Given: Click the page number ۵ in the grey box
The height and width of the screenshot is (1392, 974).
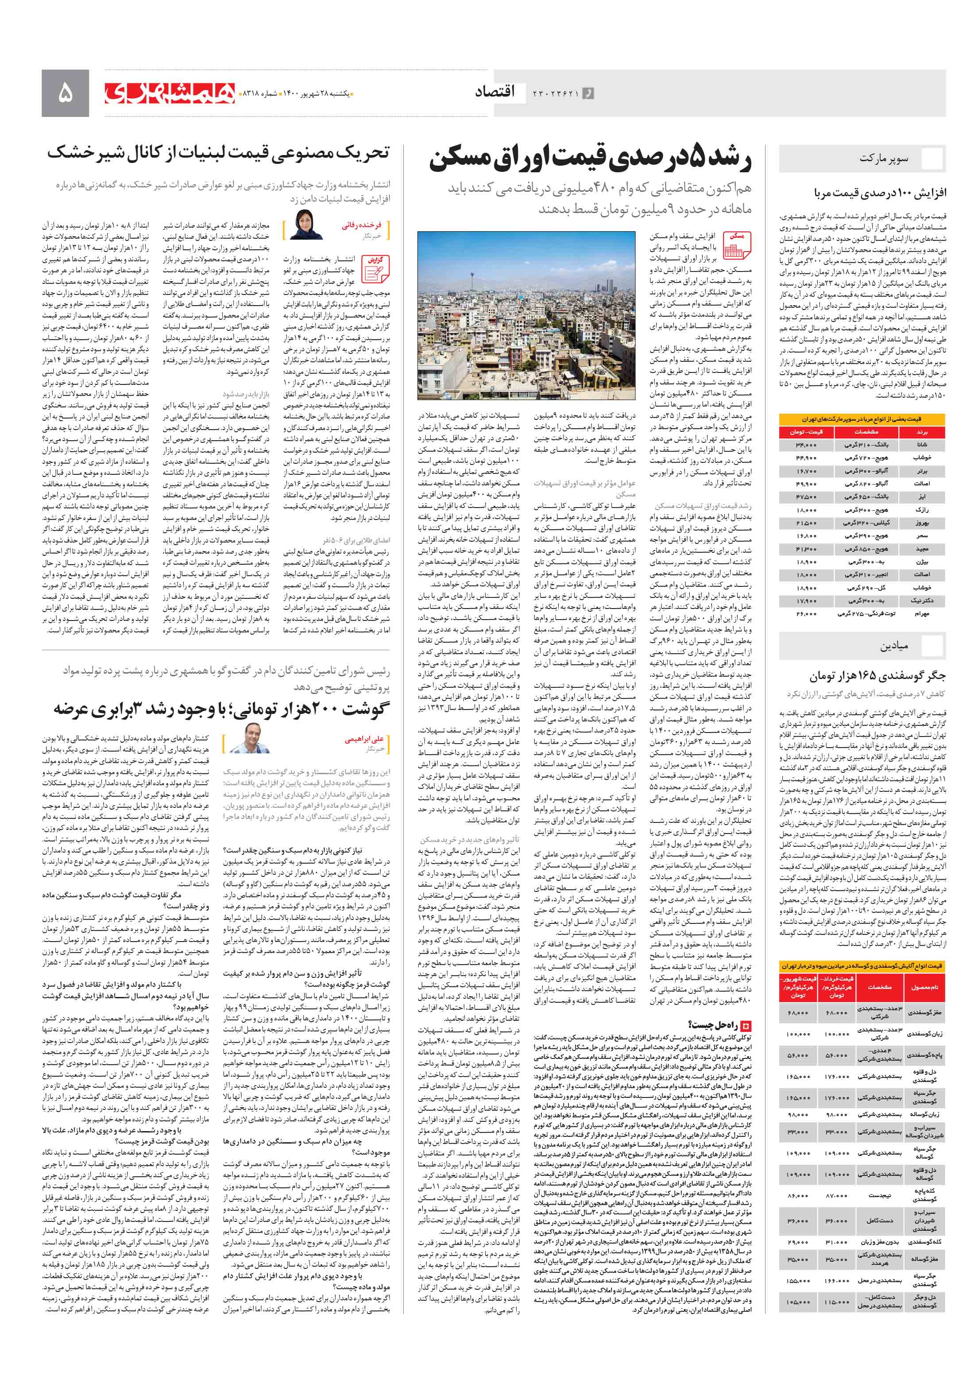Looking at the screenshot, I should (65, 93).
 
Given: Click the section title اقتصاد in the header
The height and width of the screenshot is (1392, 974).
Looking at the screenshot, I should (495, 92).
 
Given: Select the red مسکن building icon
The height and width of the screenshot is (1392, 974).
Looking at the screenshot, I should (736, 245).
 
